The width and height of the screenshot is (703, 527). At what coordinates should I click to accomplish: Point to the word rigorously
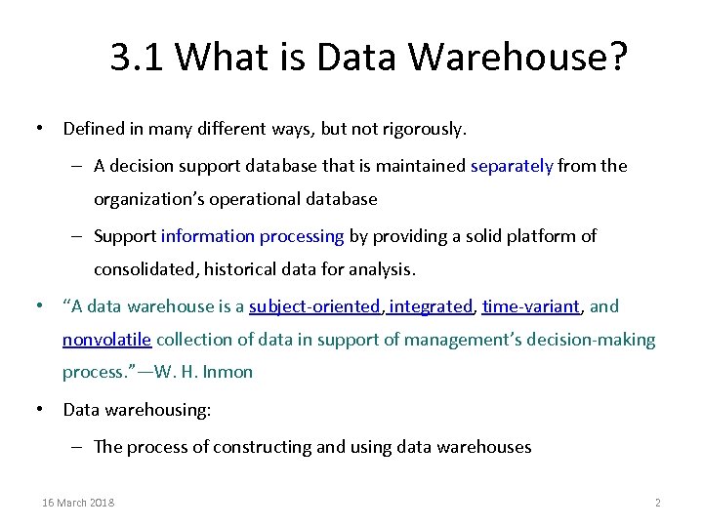tap(423, 128)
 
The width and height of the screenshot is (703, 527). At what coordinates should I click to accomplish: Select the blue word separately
tap(512, 166)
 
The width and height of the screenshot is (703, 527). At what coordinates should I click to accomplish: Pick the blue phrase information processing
tap(252, 236)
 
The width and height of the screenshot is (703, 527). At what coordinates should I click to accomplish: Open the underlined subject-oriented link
tap(314, 306)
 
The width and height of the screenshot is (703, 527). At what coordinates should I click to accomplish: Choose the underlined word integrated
tap(430, 306)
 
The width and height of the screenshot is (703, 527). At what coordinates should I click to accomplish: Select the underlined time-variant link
tap(531, 306)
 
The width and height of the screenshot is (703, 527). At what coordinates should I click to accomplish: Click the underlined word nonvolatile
tap(106, 340)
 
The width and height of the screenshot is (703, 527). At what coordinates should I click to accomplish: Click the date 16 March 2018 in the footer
tap(78, 503)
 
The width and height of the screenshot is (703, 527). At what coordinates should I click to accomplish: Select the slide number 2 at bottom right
tap(657, 503)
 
